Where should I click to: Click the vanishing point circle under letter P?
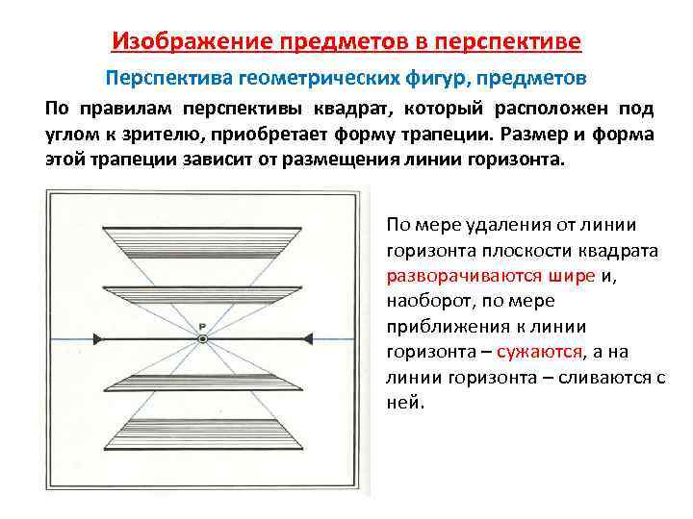click(x=202, y=339)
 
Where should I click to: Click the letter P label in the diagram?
click(x=202, y=325)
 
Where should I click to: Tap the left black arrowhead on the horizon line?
click(x=98, y=339)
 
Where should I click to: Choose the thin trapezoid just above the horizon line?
click(x=202, y=290)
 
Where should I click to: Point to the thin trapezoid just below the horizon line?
click(x=202, y=386)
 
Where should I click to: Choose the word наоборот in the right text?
click(x=425, y=301)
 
